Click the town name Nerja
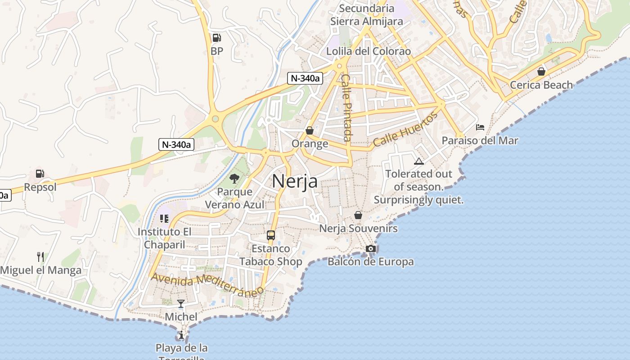(295, 181)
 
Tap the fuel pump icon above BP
(216, 38)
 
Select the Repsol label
(40, 187)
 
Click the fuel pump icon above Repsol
(40, 173)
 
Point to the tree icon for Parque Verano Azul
(234, 179)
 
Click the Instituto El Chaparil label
(164, 238)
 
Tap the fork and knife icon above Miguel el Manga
(40, 257)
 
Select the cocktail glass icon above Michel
(181, 304)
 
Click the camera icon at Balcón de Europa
(370, 248)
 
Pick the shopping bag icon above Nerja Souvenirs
(358, 215)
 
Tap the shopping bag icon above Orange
(310, 130)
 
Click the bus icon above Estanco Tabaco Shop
(271, 235)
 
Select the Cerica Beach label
(541, 85)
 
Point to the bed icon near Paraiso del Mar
(480, 127)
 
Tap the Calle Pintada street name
(346, 108)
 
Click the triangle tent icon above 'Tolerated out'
(419, 161)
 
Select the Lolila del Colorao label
(369, 51)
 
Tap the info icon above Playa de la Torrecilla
(181, 335)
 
